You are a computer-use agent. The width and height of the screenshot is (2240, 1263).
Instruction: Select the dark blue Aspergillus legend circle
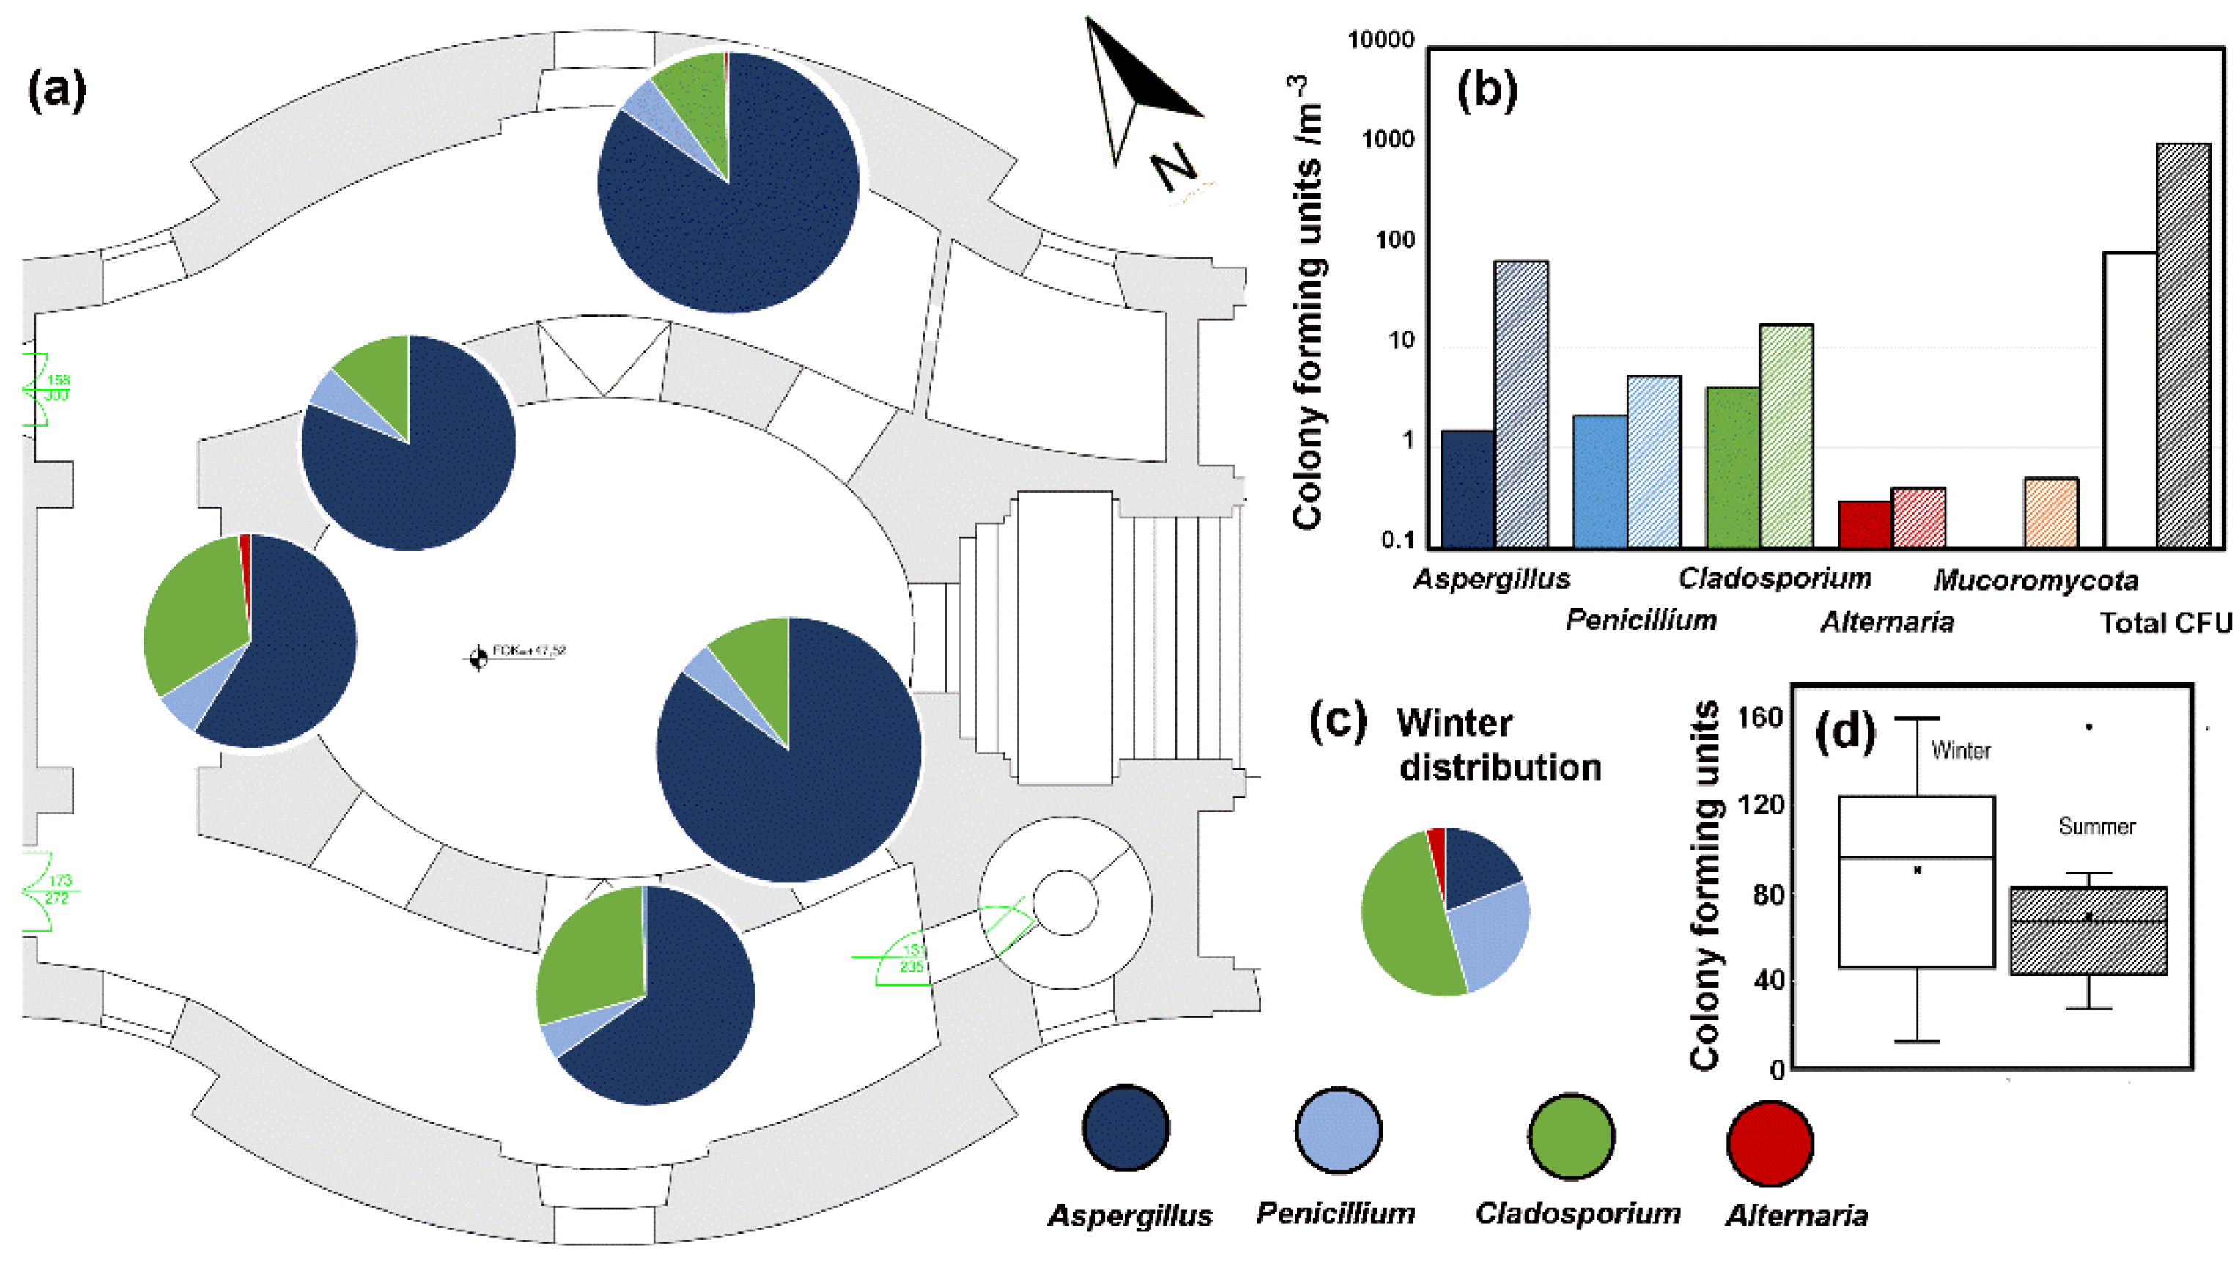[x=1125, y=1128]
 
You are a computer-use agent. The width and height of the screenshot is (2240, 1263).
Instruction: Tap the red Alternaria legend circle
[x=1770, y=1142]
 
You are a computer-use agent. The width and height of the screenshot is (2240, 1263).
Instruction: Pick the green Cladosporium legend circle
[x=1571, y=1136]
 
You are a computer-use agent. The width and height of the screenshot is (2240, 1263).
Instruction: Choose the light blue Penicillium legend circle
[x=1337, y=1130]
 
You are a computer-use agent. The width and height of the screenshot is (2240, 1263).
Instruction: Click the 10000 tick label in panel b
[x=1381, y=40]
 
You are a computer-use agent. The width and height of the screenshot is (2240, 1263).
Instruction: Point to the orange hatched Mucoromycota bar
[x=2051, y=512]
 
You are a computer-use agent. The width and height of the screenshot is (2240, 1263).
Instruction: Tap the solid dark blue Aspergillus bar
[x=1467, y=489]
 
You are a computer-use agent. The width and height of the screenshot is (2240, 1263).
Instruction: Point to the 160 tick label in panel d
[x=1760, y=718]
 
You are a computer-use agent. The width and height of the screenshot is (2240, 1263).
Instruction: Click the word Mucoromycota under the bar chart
[x=2035, y=580]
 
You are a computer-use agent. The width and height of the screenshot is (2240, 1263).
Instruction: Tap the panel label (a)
[x=57, y=90]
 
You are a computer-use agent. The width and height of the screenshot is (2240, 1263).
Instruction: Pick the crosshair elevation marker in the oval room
[x=478, y=658]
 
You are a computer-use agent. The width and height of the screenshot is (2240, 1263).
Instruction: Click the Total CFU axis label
[x=2165, y=623]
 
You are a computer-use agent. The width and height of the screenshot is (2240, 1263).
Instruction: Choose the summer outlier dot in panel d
[x=2089, y=726]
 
